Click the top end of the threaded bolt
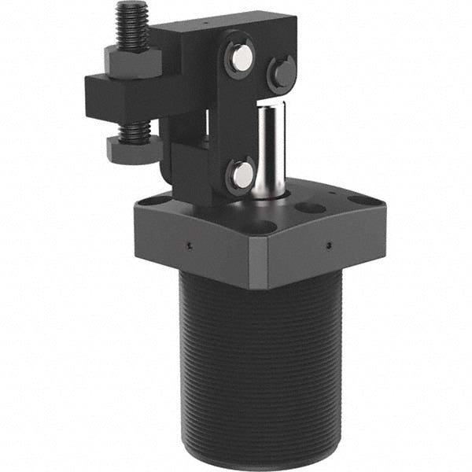pyautogui.click(x=128, y=8)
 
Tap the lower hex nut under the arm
pyautogui.click(x=131, y=149)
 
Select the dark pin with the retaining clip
pyautogui.click(x=282, y=72)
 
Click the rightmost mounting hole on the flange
pyautogui.click(x=362, y=200)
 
